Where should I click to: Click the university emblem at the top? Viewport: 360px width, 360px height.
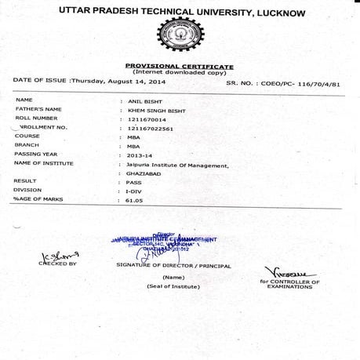pos(180,35)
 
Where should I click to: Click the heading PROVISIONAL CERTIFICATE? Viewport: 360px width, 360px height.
pos(180,66)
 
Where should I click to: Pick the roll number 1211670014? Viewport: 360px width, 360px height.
pos(145,118)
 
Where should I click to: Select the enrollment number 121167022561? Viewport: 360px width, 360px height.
pos(150,128)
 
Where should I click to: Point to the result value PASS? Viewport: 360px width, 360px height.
pos(134,183)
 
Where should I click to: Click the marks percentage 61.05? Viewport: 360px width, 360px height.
pos(136,201)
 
